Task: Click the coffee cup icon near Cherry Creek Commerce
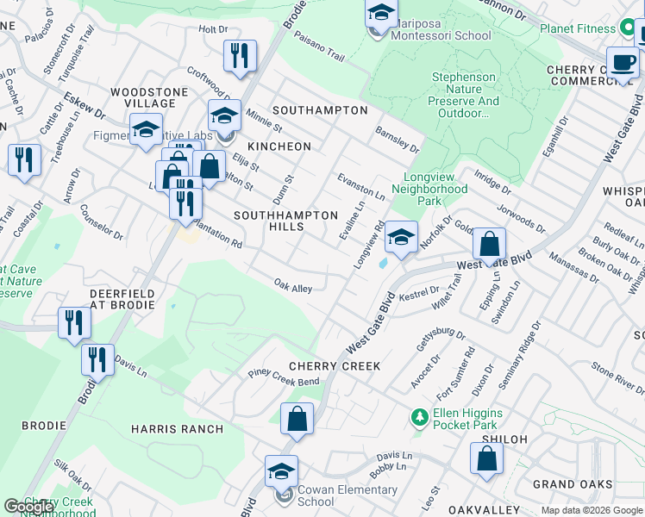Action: (x=623, y=62)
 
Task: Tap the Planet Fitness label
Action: (x=577, y=28)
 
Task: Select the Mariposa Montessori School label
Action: (x=441, y=36)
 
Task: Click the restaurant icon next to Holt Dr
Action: (x=240, y=56)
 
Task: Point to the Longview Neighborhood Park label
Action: (x=429, y=194)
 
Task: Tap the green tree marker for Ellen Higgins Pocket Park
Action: (x=420, y=417)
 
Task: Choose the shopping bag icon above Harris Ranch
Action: (x=297, y=420)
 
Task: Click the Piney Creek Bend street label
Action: (x=284, y=377)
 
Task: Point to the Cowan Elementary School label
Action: (x=316, y=495)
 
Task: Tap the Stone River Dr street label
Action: (x=617, y=379)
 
